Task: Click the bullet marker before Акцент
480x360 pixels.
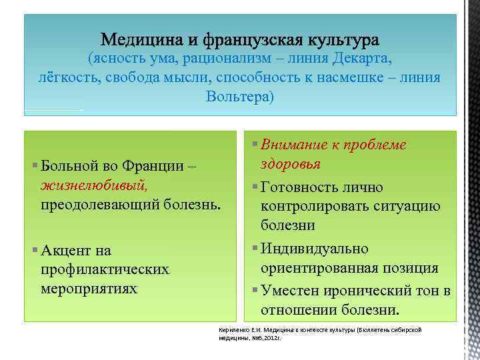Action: (x=35, y=249)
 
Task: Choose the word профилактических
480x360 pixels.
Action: (x=105, y=269)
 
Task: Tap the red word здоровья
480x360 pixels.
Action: (x=291, y=163)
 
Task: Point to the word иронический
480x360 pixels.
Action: (x=372, y=291)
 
